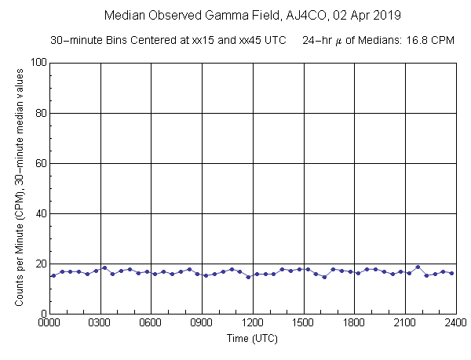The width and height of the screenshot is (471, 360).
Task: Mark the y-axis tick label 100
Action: pos(37,63)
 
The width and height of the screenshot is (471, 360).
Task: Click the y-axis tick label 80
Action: pos(40,113)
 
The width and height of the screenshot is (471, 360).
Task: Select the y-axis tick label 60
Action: pos(40,163)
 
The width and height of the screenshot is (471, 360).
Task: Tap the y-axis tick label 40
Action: pos(40,213)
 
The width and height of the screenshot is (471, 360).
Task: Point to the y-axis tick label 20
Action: pos(40,264)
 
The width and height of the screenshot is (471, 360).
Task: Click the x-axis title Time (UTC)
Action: pos(252,339)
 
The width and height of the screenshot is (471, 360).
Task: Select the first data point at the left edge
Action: pos(53,275)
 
